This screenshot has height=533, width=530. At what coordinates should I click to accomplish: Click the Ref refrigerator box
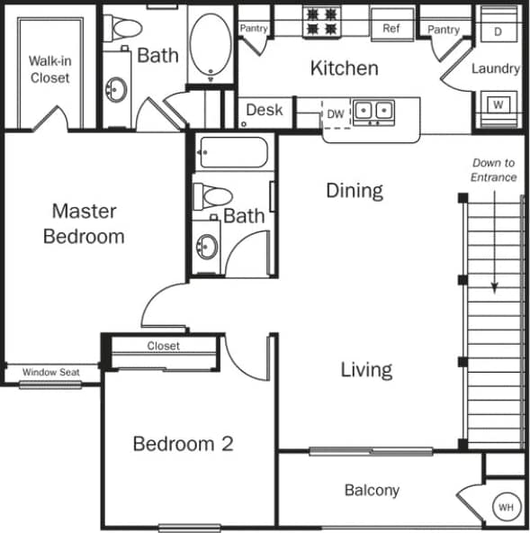(x=391, y=29)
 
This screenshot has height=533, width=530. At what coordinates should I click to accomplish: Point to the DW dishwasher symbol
(x=335, y=113)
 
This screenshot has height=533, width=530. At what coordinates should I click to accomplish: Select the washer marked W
(x=498, y=104)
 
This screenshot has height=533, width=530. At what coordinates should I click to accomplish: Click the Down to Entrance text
(x=493, y=170)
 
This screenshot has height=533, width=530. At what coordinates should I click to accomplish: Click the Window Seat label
(x=49, y=372)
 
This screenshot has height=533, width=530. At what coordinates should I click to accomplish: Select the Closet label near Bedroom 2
(x=163, y=346)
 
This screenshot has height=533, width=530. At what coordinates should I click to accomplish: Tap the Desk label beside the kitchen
(x=264, y=110)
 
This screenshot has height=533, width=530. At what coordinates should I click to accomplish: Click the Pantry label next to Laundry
(x=444, y=30)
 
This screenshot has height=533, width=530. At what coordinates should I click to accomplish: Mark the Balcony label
(x=372, y=491)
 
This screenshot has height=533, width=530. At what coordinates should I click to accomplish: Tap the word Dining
(x=354, y=190)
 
